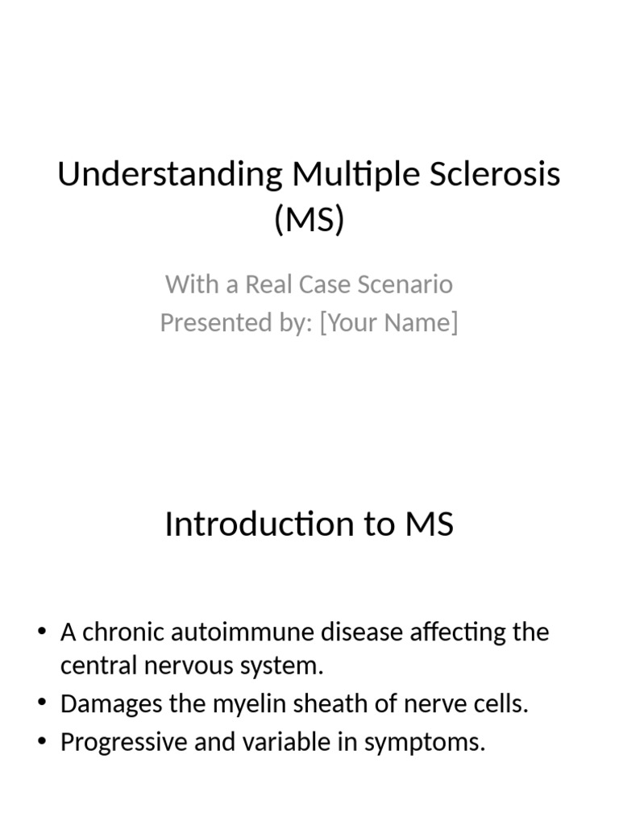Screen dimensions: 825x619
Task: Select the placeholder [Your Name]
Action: pos(388,322)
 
